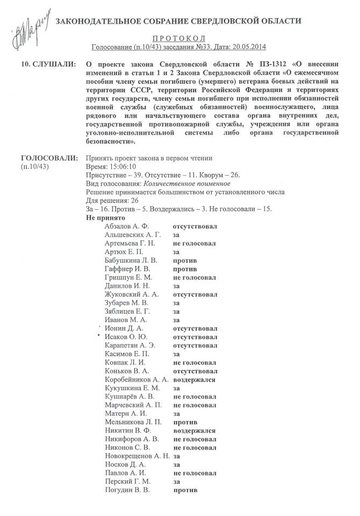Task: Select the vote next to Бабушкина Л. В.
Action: (184, 261)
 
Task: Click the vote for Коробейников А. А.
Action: (193, 379)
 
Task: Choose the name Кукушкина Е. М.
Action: (132, 388)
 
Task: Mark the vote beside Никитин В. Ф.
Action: (193, 431)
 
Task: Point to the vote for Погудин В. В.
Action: (184, 490)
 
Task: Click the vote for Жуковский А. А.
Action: (195, 295)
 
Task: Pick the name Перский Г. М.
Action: (127, 482)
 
